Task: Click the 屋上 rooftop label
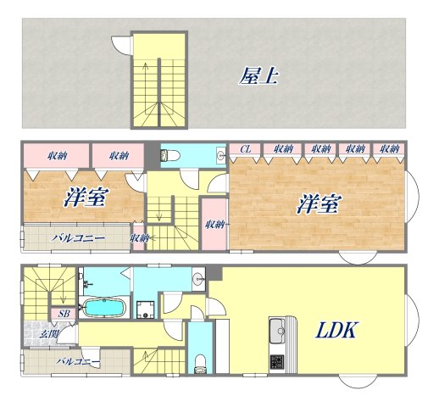[x=259, y=76]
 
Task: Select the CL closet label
[x=246, y=150]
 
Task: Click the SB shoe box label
[x=64, y=314]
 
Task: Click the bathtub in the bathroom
[x=103, y=306]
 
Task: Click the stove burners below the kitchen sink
[x=278, y=363]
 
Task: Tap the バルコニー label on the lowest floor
[x=78, y=362]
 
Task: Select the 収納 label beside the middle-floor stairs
[x=139, y=238]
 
